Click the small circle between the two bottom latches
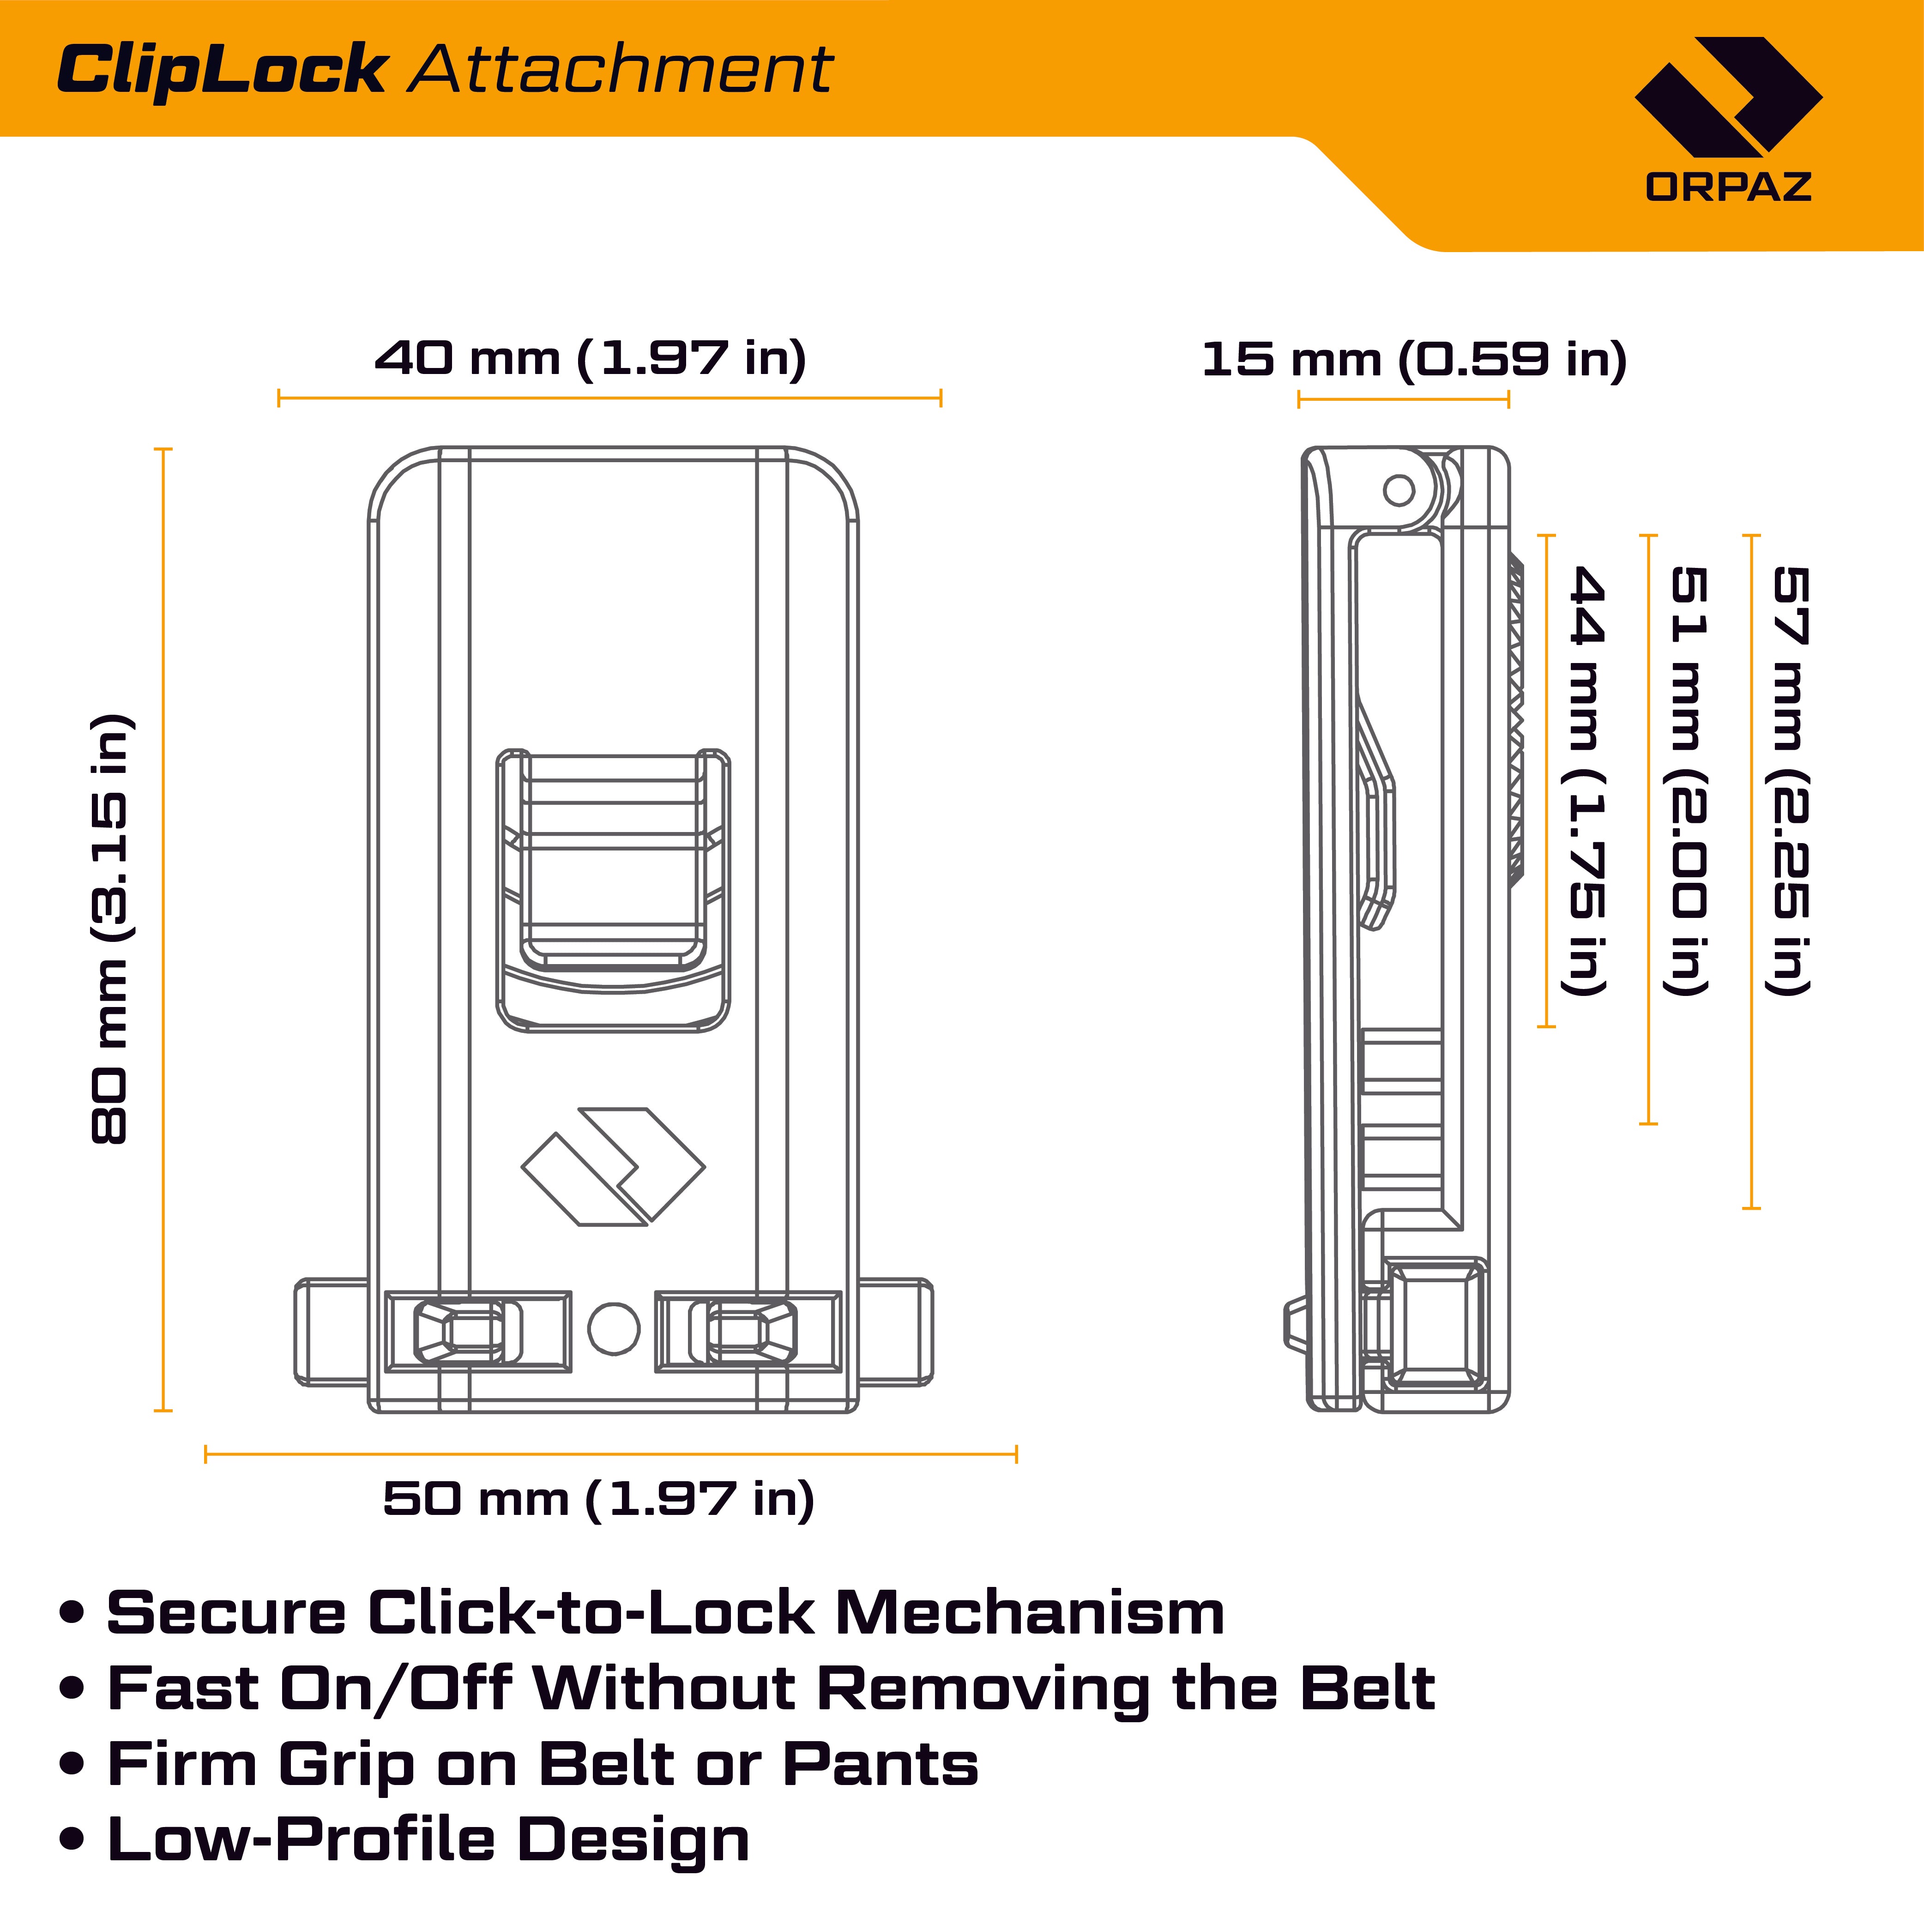614,1327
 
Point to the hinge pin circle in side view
1399,490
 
